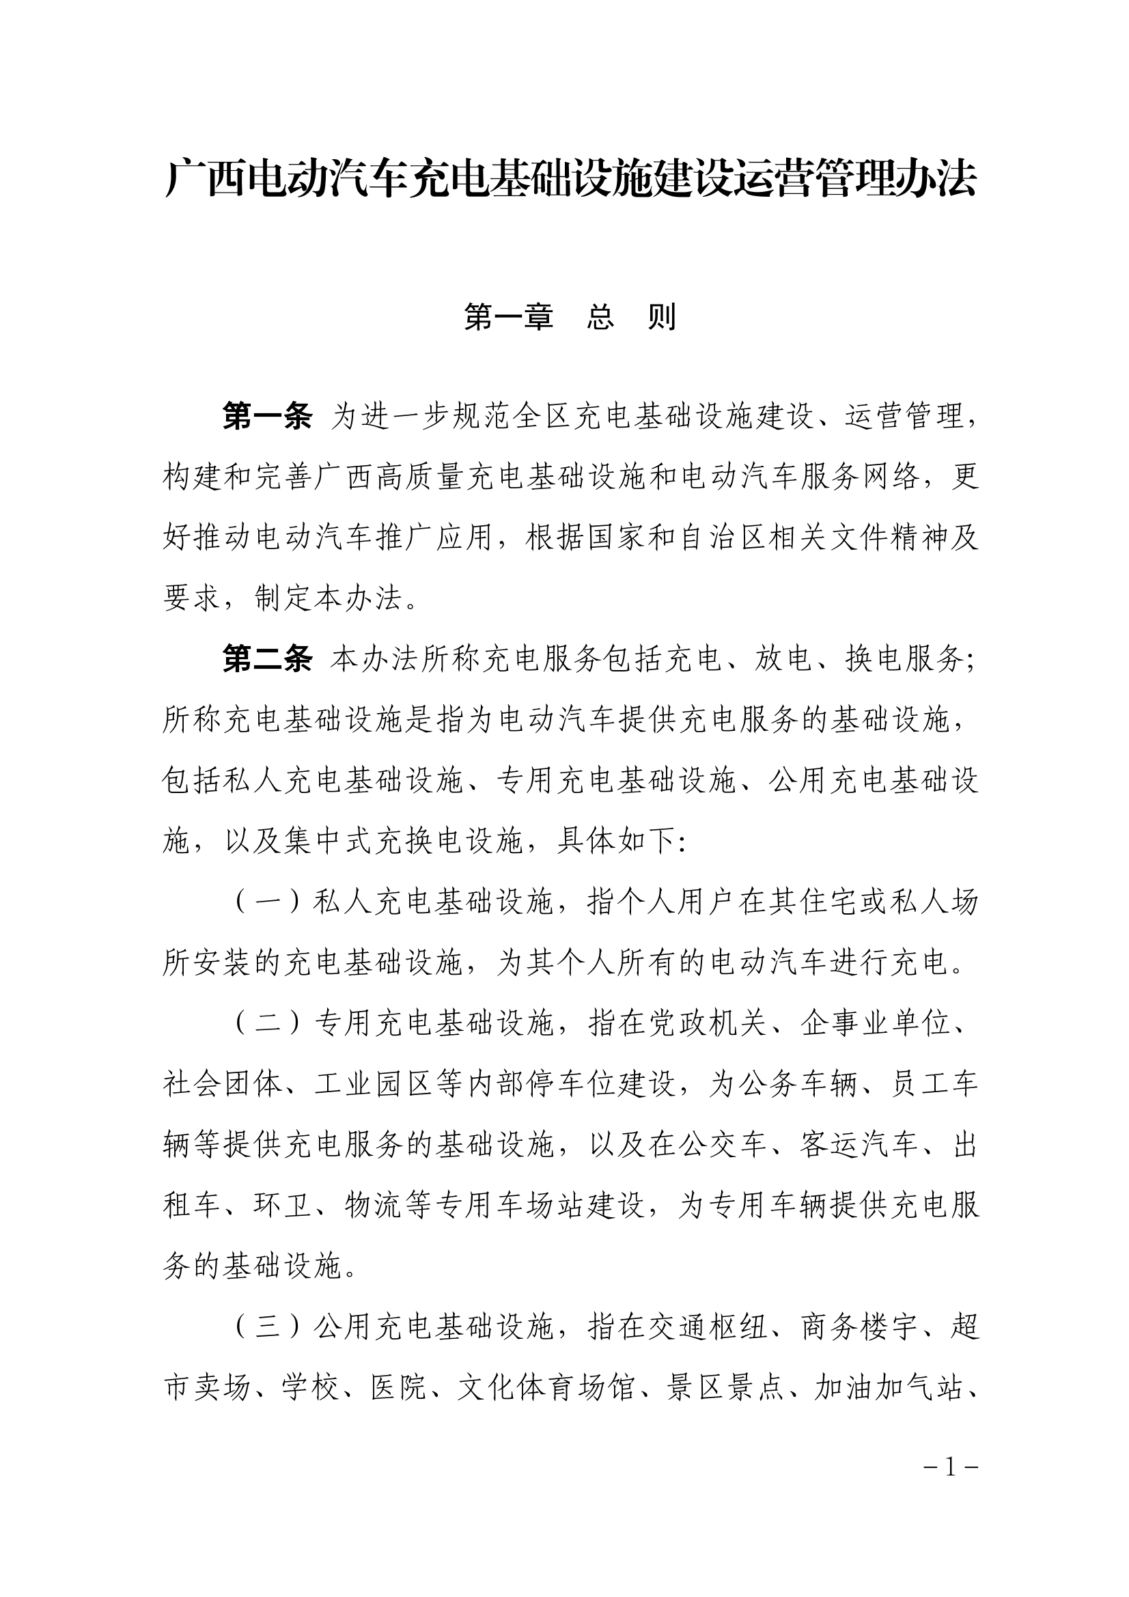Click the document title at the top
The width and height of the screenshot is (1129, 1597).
coord(570,180)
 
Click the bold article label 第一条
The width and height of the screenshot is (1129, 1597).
coord(267,417)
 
